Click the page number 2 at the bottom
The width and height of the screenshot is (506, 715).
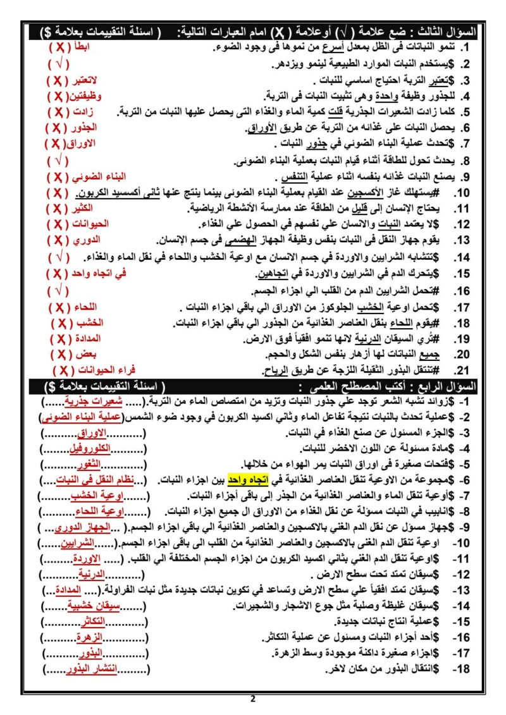pyautogui.click(x=253, y=699)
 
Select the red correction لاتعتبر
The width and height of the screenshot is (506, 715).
pyautogui.click(x=95, y=80)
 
